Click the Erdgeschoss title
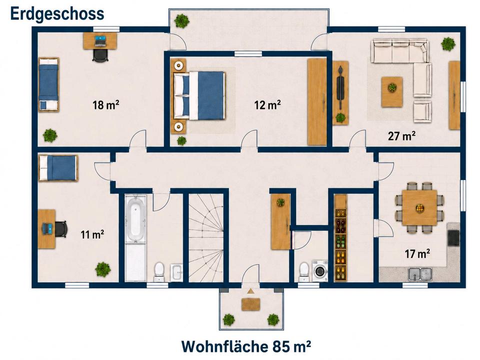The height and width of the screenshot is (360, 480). [x=57, y=14]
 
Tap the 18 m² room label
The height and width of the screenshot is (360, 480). [x=106, y=104]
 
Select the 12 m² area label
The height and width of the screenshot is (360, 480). [x=267, y=104]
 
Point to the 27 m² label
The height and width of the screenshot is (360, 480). [x=401, y=135]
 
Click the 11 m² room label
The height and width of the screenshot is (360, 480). [x=92, y=234]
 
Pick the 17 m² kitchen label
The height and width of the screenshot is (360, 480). [x=417, y=253]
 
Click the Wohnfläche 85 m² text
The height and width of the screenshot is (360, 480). [x=246, y=346]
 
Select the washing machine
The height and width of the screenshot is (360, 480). [x=320, y=270]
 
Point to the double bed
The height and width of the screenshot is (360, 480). [x=199, y=95]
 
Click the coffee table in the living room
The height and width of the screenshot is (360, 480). [x=392, y=92]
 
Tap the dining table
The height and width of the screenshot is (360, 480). [x=419, y=207]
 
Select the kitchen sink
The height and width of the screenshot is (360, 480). [x=420, y=273]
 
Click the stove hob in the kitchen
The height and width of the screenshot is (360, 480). [x=453, y=237]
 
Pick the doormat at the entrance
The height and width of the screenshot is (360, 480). [x=251, y=304]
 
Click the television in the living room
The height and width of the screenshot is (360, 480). [x=340, y=88]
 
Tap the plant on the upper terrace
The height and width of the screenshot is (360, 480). [x=181, y=21]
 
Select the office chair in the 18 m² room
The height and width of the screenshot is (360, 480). [x=100, y=55]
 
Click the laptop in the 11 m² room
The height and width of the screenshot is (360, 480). [x=47, y=228]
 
